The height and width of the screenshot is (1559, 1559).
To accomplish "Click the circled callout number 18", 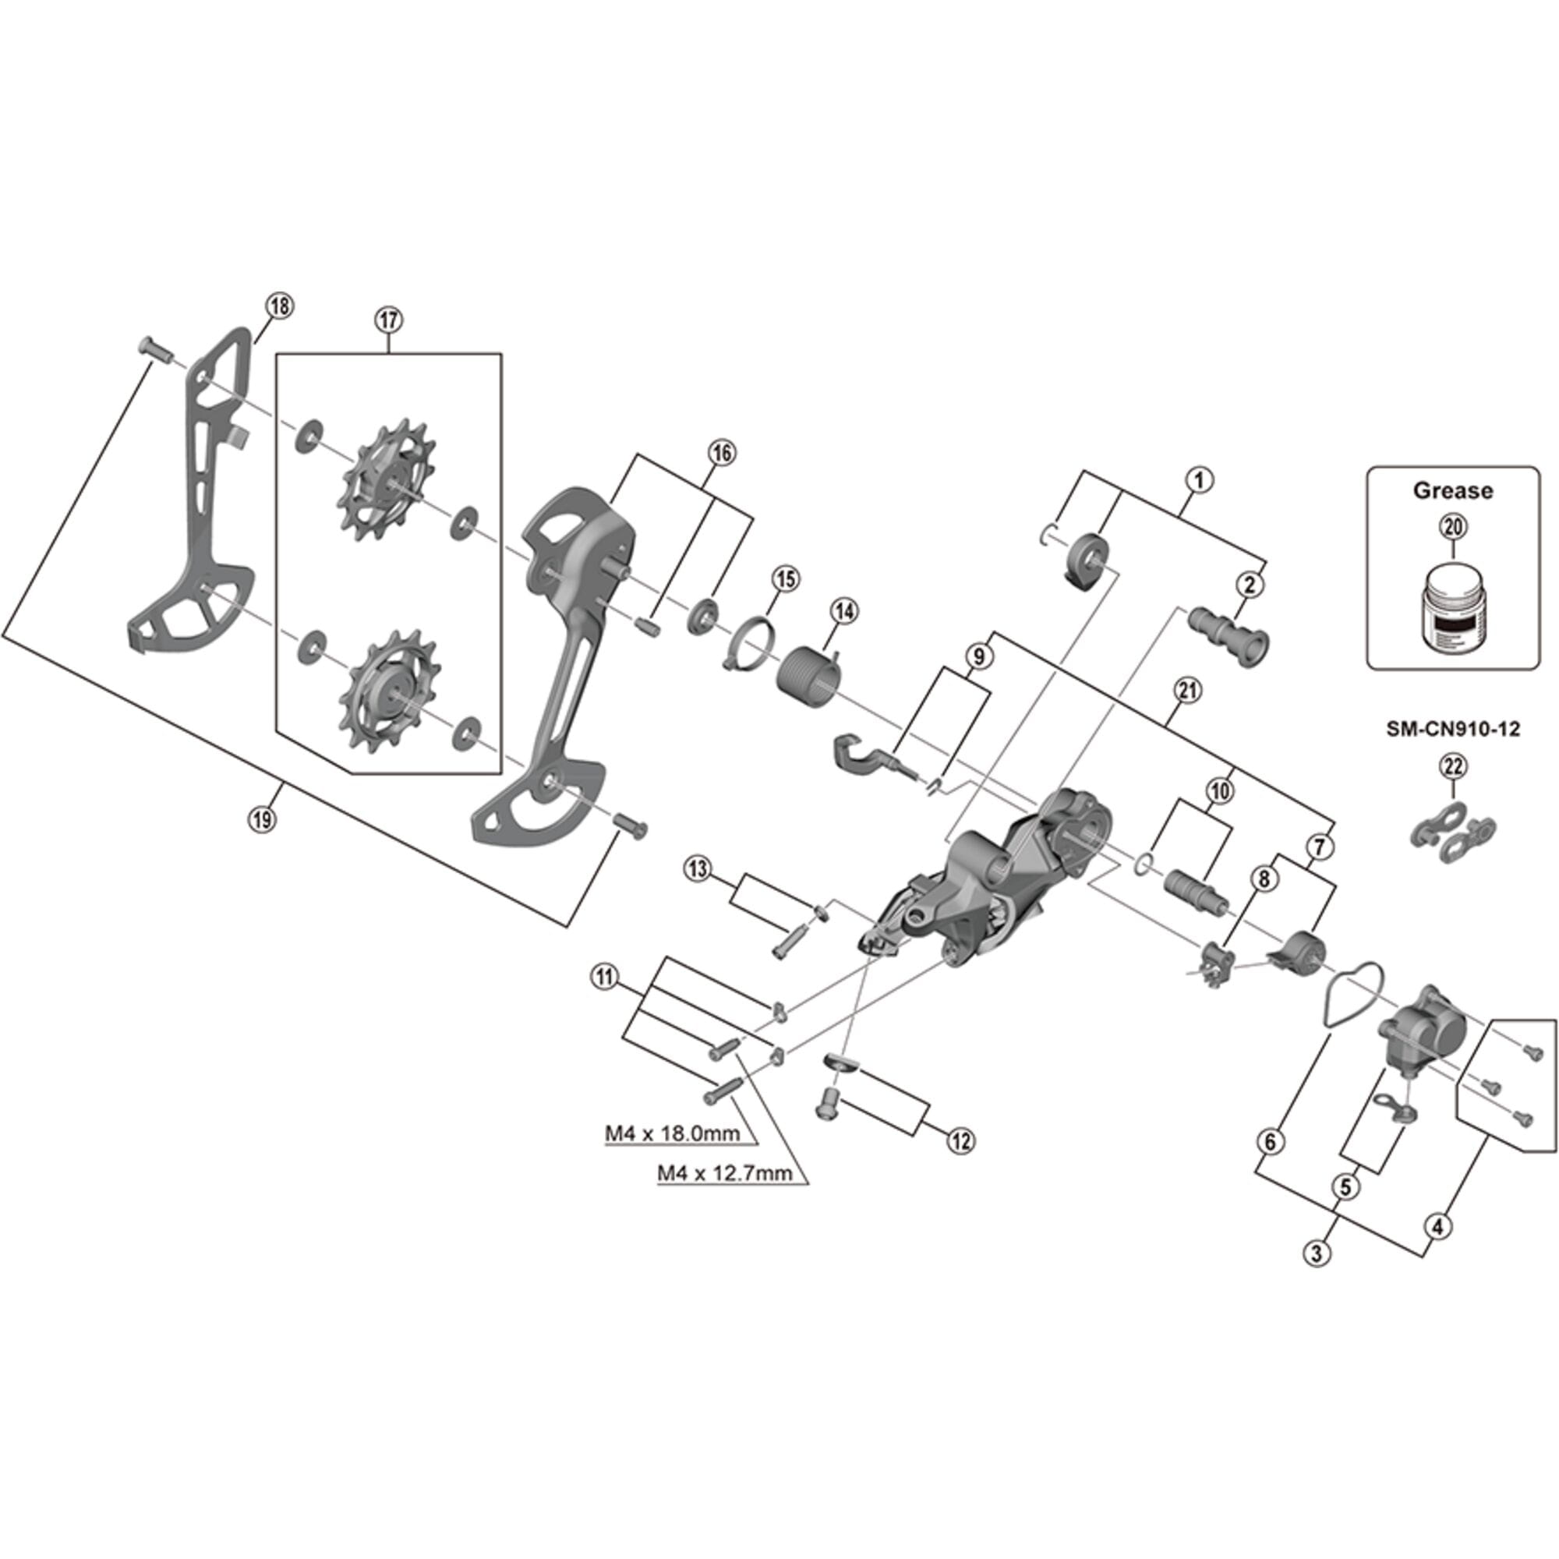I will (x=280, y=306).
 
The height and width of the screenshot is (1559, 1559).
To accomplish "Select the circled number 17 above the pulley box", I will (x=388, y=320).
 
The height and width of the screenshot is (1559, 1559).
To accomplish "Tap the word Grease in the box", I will (x=1452, y=490).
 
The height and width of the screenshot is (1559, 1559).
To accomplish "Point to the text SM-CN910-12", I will (x=1452, y=729).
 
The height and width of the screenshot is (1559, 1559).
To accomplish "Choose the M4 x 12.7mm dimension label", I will (x=724, y=1173).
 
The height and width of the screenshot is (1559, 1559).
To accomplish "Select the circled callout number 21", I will (x=1188, y=691).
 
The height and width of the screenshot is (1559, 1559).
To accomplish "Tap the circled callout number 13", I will (x=698, y=869).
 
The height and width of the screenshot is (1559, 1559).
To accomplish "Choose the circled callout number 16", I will (x=721, y=454).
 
